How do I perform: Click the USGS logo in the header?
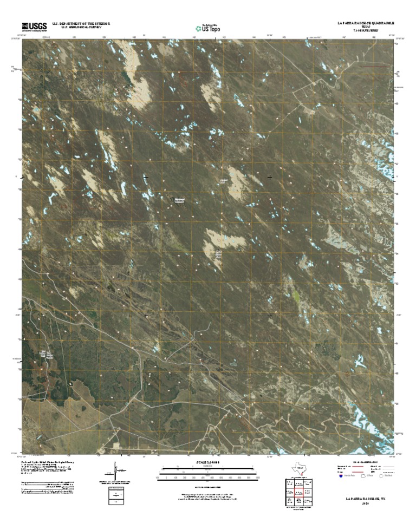point(34,26)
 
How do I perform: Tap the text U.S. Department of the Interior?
point(81,24)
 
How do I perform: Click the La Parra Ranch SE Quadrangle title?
point(365,24)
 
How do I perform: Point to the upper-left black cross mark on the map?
point(146,178)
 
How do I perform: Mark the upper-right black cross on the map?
point(270,178)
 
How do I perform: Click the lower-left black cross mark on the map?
point(146,315)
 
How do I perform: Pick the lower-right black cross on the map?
point(270,315)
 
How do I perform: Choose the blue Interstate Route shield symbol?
point(341,478)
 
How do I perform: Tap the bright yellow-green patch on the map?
point(296,296)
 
